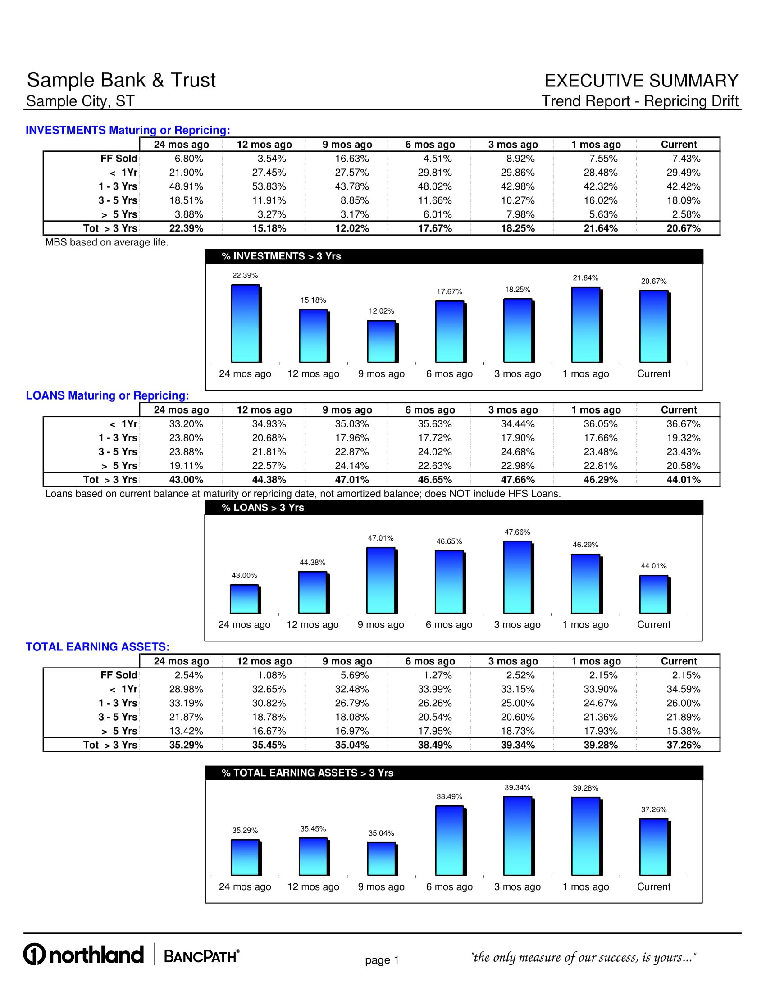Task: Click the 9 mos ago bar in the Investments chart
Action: pos(381,341)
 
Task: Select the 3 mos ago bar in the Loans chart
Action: pos(517,577)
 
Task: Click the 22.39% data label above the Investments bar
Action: pos(245,275)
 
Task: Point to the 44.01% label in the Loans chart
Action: pos(653,566)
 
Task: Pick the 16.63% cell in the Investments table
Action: pos(352,159)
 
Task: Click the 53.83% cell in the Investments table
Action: pos(269,186)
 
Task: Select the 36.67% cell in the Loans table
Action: pos(684,424)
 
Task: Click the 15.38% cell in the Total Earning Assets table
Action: pos(684,731)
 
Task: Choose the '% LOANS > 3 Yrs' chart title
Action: pos(263,508)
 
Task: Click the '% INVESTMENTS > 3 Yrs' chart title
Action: pos(281,256)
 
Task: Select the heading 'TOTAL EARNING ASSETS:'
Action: pos(98,646)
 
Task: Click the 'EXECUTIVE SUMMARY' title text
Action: pos(641,81)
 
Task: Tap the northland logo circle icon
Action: pos(35,955)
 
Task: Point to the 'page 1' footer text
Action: pos(382,960)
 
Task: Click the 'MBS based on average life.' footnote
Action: pos(107,242)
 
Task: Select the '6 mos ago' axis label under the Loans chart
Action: pos(449,625)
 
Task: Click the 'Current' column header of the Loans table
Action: pos(679,410)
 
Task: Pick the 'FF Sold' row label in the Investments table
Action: pos(119,159)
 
